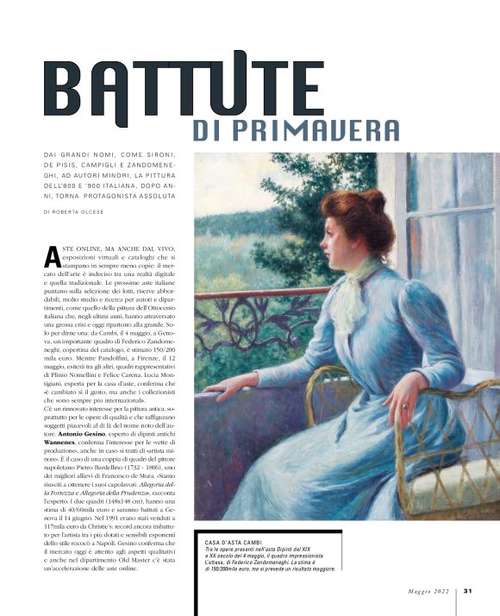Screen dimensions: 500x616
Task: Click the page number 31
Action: (468, 591)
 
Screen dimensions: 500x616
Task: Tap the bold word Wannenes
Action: (64, 439)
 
